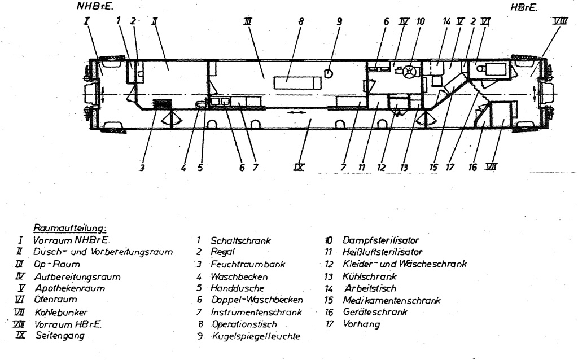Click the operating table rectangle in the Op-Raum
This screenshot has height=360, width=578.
(x=297, y=83)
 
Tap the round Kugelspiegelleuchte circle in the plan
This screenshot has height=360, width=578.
(x=328, y=72)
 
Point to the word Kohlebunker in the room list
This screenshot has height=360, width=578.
(x=60, y=312)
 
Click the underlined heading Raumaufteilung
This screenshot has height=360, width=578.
(x=70, y=229)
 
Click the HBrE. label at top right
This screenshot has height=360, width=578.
(x=523, y=8)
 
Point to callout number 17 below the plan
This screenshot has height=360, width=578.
(x=450, y=168)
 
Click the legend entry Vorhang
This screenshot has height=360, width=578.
(x=361, y=324)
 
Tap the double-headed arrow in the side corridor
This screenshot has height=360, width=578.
(x=297, y=113)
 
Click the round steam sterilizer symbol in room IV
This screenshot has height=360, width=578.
(x=411, y=72)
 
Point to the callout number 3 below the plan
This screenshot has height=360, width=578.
(x=142, y=168)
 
